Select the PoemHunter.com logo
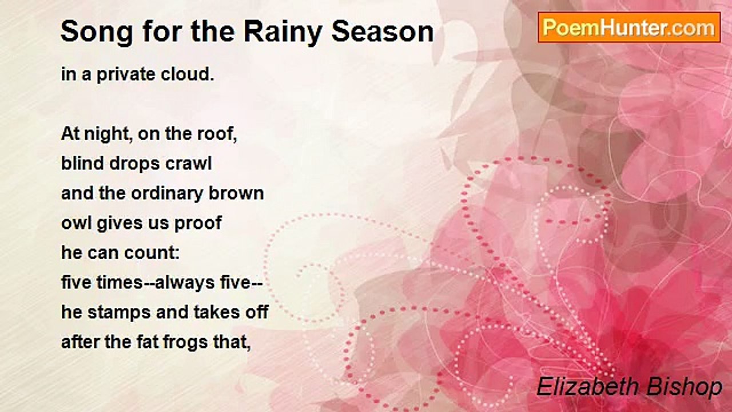point(629,27)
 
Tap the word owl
point(73,223)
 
